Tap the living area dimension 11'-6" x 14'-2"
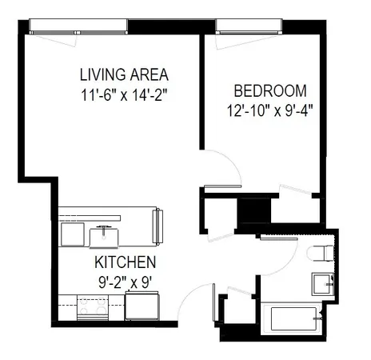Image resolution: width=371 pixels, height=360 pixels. tap(123, 95)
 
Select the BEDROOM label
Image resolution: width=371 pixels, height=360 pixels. tap(268, 90)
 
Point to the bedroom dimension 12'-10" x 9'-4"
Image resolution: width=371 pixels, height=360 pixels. tap(269, 110)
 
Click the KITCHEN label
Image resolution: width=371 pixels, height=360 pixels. tap(126, 262)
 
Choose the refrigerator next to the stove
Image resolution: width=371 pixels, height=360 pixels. tap(143, 306)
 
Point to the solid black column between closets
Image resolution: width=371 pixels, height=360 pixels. tap(255, 212)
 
